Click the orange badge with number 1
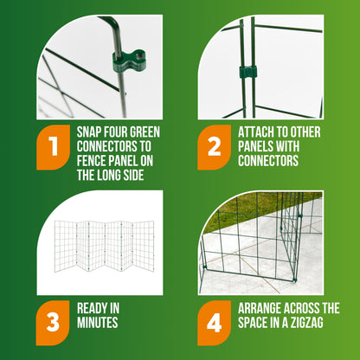click(x=55, y=148)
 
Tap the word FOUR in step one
click(x=126, y=132)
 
